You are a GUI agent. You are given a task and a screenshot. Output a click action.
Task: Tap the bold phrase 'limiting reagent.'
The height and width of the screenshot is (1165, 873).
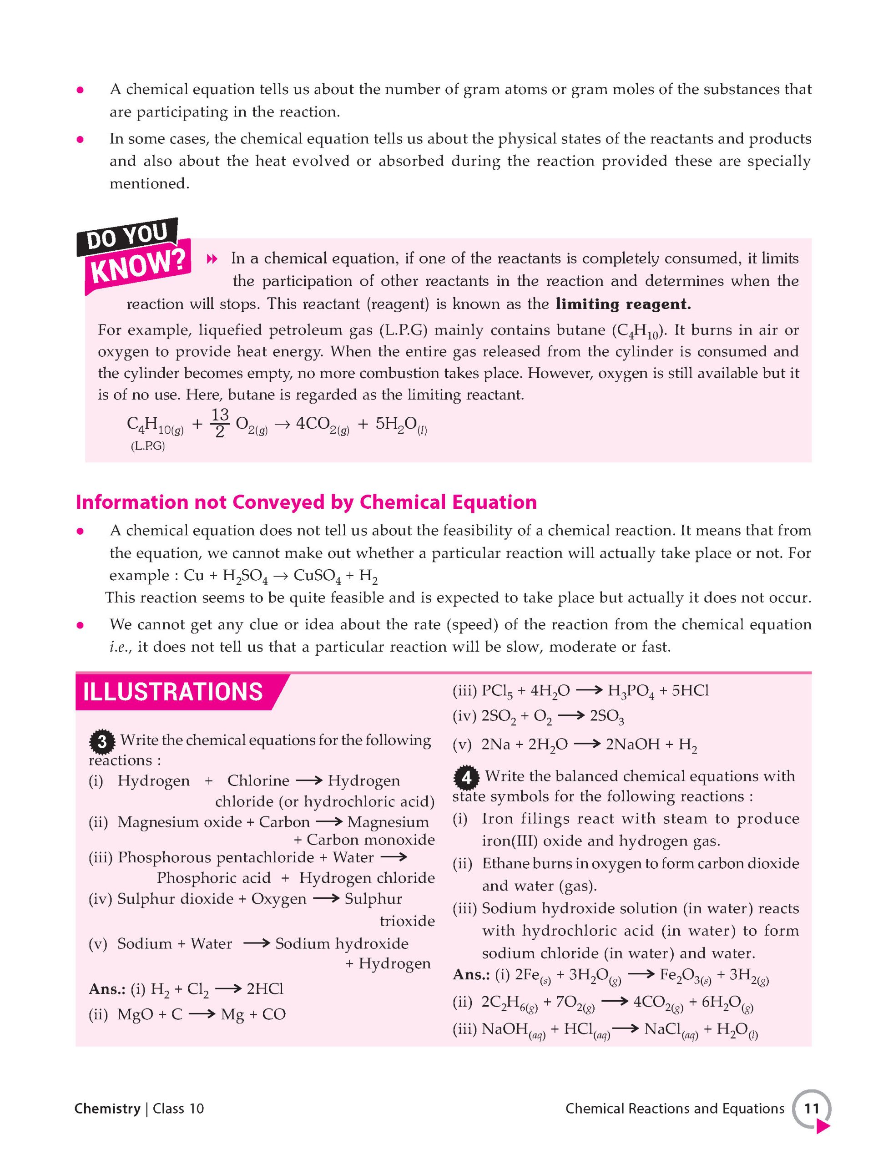[623, 304]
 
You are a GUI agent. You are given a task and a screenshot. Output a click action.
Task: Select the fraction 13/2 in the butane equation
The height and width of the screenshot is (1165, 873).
[220, 423]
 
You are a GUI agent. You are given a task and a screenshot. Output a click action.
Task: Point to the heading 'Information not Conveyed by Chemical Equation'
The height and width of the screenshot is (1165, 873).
[306, 502]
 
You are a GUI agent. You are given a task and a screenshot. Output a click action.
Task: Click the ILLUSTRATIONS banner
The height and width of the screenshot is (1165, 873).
[173, 692]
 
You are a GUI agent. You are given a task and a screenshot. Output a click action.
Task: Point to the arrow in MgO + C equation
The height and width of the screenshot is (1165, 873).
[201, 1014]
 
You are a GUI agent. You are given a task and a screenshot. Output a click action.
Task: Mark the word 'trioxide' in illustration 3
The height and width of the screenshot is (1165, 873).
[407, 921]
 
